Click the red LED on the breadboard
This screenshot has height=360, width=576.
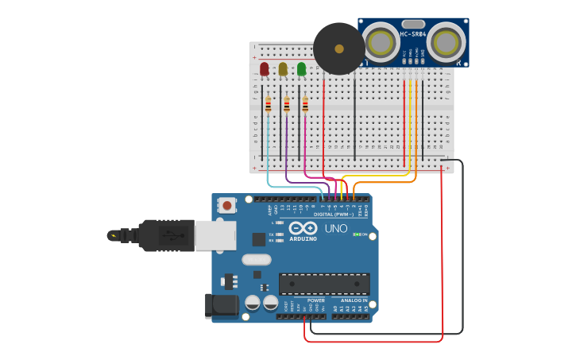coord(264,70)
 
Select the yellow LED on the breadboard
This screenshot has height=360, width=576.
coord(283,70)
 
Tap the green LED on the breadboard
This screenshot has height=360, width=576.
coord(302,70)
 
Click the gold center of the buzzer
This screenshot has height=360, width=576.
coord(339,48)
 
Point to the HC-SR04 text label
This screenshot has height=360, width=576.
coord(413,34)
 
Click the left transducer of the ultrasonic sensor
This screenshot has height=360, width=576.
coord(381,41)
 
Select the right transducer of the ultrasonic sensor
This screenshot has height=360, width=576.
coord(446,41)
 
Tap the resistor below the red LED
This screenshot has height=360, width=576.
coord(268,105)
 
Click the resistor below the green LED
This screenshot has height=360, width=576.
coord(305,105)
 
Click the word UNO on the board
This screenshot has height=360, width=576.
coord(336,229)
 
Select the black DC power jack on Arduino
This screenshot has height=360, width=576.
coord(221,306)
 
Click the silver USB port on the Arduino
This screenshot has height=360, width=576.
coord(214,235)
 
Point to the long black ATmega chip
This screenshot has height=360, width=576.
coord(324,284)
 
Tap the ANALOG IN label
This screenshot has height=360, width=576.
coord(354,300)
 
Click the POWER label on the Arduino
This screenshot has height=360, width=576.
coord(315,300)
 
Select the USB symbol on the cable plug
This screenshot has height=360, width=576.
coord(168,235)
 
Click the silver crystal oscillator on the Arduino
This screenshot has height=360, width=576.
coord(257,259)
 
